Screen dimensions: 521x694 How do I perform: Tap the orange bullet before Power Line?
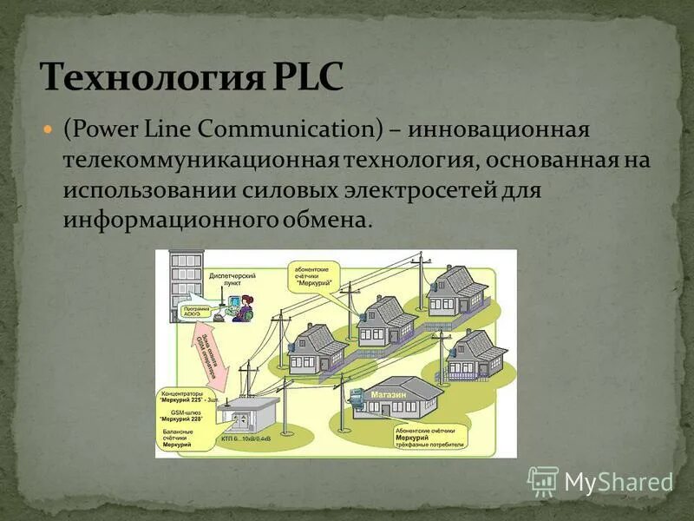[49, 129]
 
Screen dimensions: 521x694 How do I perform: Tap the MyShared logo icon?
[543, 481]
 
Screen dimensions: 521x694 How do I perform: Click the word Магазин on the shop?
[388, 397]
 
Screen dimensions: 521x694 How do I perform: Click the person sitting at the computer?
[245, 308]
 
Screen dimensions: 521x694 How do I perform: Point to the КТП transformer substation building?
[247, 420]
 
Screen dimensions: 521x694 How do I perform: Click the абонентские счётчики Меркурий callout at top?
[315, 274]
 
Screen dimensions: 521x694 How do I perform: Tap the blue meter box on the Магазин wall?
[355, 397]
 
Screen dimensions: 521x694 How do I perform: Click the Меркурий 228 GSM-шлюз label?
[186, 416]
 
